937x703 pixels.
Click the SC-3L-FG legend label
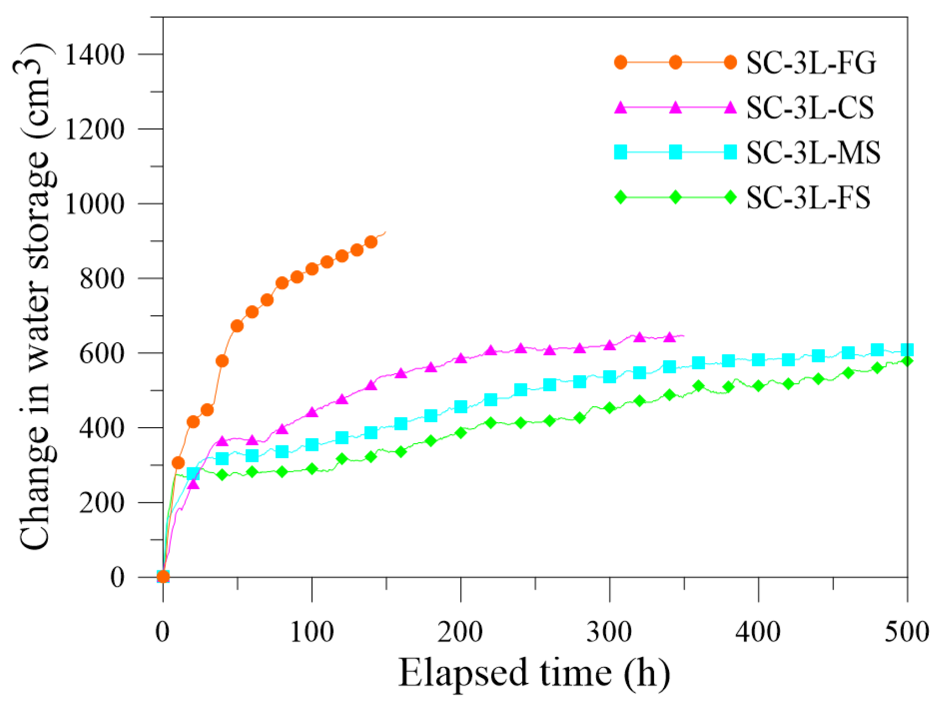point(810,62)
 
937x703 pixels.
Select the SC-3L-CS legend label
point(809,108)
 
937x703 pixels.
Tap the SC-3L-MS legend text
point(813,152)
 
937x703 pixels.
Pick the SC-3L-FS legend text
point(808,197)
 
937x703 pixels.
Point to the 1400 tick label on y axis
point(94,55)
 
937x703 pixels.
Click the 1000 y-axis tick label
point(94,204)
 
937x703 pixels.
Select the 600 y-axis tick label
point(101,354)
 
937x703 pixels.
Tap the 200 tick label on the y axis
point(101,503)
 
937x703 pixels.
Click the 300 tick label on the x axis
point(609,632)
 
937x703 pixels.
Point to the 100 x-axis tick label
point(312,632)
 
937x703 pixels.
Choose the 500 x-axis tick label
point(906,632)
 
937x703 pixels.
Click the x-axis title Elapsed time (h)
point(534,673)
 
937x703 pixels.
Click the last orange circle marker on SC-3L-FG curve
point(371,242)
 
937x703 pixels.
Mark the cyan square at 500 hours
point(907,350)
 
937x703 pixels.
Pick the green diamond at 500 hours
point(907,361)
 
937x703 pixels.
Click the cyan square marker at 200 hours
point(461,406)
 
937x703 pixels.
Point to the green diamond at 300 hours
point(609,408)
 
